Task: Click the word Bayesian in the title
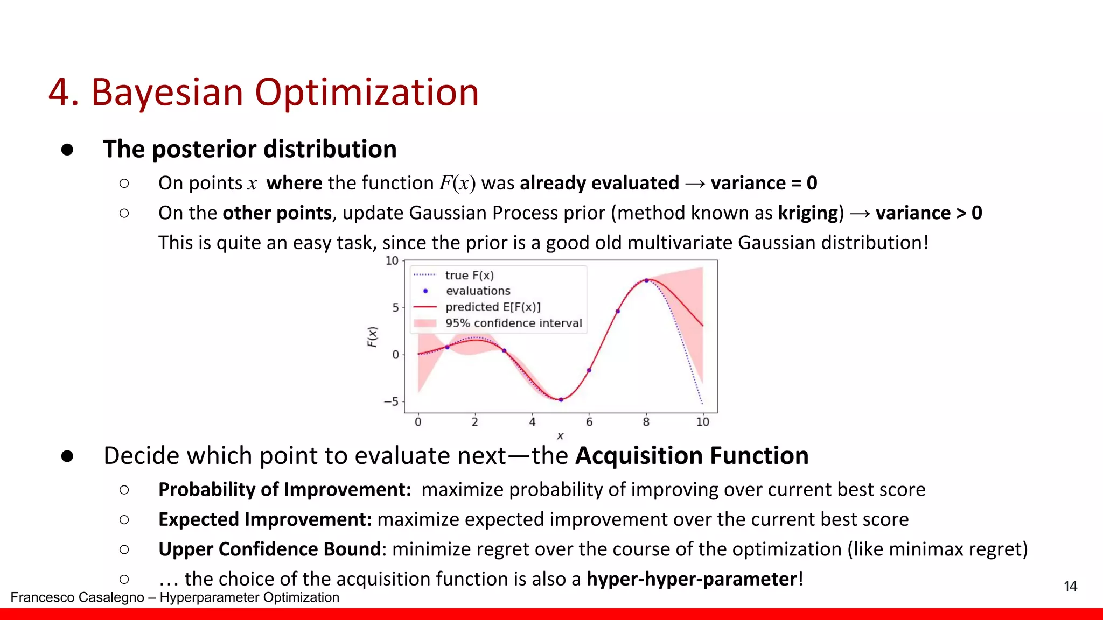[167, 93]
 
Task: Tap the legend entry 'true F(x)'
[469, 276]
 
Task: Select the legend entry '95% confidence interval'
[513, 323]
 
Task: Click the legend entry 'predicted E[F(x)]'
[492, 307]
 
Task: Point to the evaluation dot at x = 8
[646, 280]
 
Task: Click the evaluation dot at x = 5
[561, 399]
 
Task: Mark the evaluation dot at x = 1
[447, 347]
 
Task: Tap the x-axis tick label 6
[589, 422]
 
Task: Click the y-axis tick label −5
[391, 401]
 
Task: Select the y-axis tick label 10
[392, 261]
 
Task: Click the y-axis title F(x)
[372, 337]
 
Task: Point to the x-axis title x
[560, 436]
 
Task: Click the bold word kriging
[811, 213]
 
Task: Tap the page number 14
[1070, 586]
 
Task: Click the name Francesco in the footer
[40, 597]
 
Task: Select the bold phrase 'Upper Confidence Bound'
[269, 549]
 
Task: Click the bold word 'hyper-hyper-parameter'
[692, 579]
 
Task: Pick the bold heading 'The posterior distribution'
[250, 149]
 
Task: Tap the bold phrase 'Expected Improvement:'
[265, 519]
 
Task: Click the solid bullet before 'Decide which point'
[67, 456]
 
